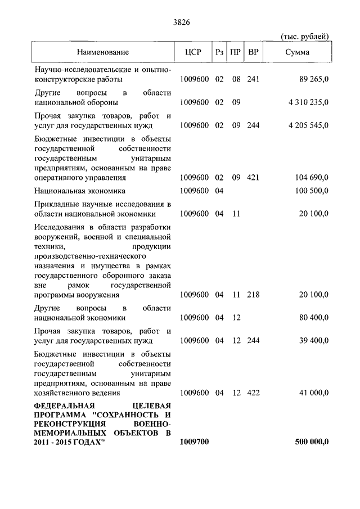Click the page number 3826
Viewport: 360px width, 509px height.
pyautogui.click(x=179, y=22)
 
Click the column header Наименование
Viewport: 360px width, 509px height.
pyautogui.click(x=103, y=52)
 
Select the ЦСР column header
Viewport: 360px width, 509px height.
pyautogui.click(x=192, y=52)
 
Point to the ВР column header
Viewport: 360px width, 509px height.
pyautogui.click(x=254, y=52)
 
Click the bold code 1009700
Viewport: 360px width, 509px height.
pyautogui.click(x=195, y=442)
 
